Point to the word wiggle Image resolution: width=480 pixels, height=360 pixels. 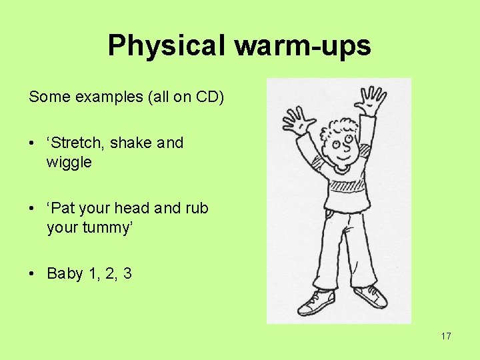pyautogui.click(x=69, y=162)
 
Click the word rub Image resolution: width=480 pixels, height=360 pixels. pyautogui.click(x=197, y=208)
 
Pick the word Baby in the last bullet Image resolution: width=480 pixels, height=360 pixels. pyautogui.click(x=65, y=273)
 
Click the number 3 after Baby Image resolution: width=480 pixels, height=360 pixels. pyautogui.click(x=127, y=273)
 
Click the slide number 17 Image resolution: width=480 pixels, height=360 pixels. pyautogui.click(x=446, y=336)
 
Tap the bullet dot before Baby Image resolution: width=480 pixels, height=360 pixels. pyautogui.click(x=32, y=274)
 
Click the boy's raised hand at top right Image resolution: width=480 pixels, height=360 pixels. pyautogui.click(x=371, y=101)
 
